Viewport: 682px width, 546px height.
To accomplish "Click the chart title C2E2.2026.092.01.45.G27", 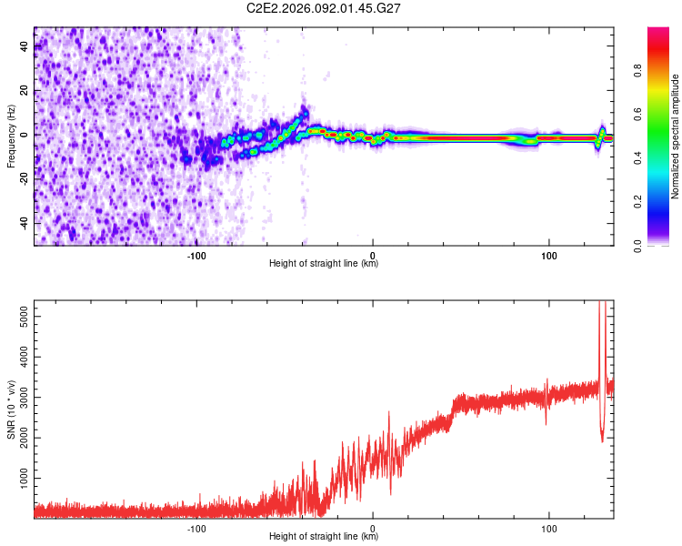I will coord(325,8).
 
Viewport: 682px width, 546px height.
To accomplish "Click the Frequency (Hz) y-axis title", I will coord(11,136).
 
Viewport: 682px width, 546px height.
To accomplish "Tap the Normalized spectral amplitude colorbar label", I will coord(675,136).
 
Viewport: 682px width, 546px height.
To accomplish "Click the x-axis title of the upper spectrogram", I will coord(324,263).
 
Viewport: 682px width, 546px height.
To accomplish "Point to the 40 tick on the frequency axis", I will coord(24,47).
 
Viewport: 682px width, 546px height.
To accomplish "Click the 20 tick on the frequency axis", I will coord(24,91).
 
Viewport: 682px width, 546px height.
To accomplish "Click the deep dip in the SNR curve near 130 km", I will coord(602,440).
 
